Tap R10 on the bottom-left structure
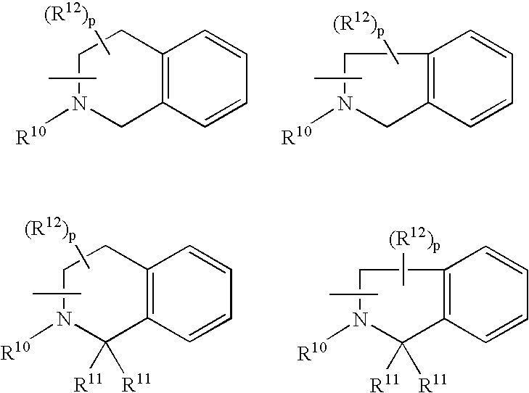(17, 349)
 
